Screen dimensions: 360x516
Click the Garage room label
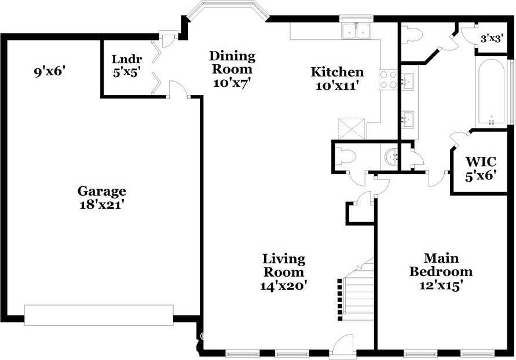(102, 191)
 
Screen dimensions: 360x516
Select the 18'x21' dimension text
(102, 204)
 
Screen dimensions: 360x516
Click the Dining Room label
(232, 63)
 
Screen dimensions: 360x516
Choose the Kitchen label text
(337, 72)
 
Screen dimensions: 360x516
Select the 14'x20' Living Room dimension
(283, 285)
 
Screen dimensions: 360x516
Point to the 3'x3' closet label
(492, 39)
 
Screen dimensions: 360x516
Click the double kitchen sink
(357, 31)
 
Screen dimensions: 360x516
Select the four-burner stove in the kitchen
(388, 80)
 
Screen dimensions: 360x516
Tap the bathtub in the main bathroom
(492, 91)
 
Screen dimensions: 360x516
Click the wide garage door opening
(98, 315)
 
